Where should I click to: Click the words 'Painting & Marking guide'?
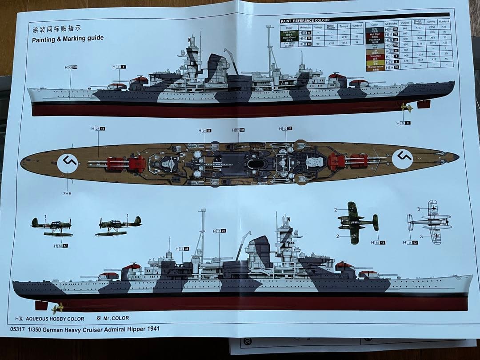click(x=68, y=39)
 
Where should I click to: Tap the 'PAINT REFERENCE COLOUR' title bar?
click(x=305, y=20)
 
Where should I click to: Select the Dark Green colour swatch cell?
click(x=288, y=33)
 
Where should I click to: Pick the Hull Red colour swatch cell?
click(x=375, y=34)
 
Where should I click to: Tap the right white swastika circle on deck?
click(x=403, y=158)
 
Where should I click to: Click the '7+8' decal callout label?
click(x=67, y=193)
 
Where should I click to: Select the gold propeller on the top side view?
click(x=406, y=107)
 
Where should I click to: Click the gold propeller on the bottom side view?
click(x=57, y=307)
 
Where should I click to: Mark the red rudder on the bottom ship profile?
click(x=41, y=305)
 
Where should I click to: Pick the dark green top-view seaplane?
click(x=357, y=222)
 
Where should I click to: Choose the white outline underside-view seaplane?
click(x=431, y=221)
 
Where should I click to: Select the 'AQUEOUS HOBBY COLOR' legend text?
click(x=55, y=319)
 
